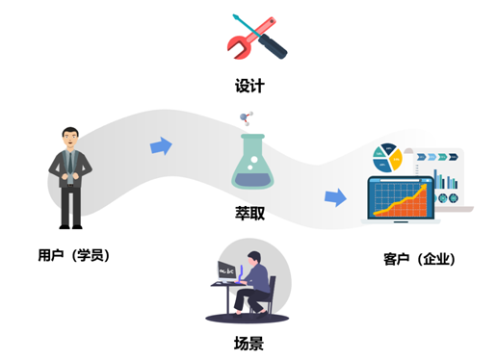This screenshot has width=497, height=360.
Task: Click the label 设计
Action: [x=248, y=86]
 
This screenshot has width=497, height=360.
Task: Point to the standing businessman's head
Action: [x=70, y=137]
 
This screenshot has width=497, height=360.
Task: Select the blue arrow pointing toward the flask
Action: [x=161, y=146]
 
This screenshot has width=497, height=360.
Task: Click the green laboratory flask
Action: [x=248, y=164]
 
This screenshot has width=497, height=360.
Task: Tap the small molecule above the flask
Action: [x=246, y=119]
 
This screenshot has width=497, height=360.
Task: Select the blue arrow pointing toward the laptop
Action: [x=335, y=197]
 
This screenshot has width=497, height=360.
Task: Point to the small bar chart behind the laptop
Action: [x=447, y=184]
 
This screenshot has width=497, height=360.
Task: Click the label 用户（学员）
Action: [x=73, y=255]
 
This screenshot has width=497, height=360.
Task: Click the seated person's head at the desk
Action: [x=253, y=258]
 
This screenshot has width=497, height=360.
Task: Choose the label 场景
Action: [x=248, y=343]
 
